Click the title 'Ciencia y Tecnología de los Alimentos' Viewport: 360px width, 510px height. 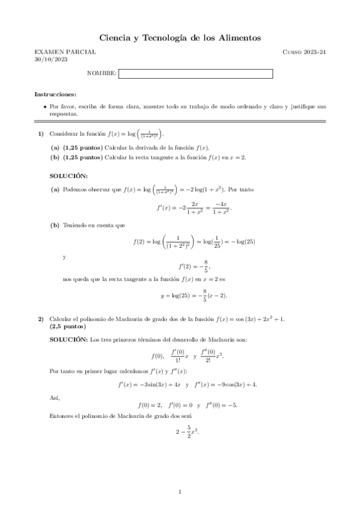coord(180,38)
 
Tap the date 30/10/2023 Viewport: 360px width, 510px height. coord(47,60)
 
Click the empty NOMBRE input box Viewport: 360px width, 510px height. coord(196,74)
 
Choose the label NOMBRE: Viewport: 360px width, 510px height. coord(102,74)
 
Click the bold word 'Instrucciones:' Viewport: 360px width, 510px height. coord(55,95)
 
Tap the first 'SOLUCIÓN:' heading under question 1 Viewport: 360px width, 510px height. coord(68,175)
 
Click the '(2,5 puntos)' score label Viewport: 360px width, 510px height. coord(68,327)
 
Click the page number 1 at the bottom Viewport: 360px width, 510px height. coord(180,493)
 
